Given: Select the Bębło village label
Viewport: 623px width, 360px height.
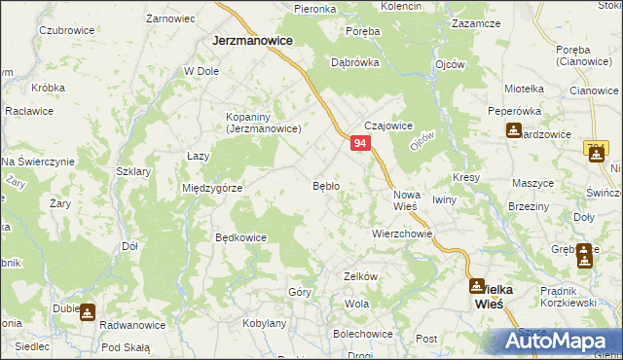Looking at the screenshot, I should coord(325,185).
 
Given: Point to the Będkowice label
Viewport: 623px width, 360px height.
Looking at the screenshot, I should coord(240,236).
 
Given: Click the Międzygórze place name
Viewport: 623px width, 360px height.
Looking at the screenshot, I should coord(212,188).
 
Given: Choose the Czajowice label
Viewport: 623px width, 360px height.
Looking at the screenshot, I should coord(389,126).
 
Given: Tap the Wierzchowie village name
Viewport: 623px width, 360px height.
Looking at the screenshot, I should coord(401,234).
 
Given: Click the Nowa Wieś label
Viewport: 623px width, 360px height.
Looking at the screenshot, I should coord(405,199).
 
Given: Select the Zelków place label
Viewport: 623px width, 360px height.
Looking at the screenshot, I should coord(360,276).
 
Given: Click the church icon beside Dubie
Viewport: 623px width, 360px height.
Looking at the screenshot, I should coord(88,312).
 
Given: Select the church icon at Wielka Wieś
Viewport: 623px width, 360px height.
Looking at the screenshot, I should coord(477,286).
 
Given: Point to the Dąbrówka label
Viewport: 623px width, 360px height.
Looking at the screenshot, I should coord(354,61).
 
